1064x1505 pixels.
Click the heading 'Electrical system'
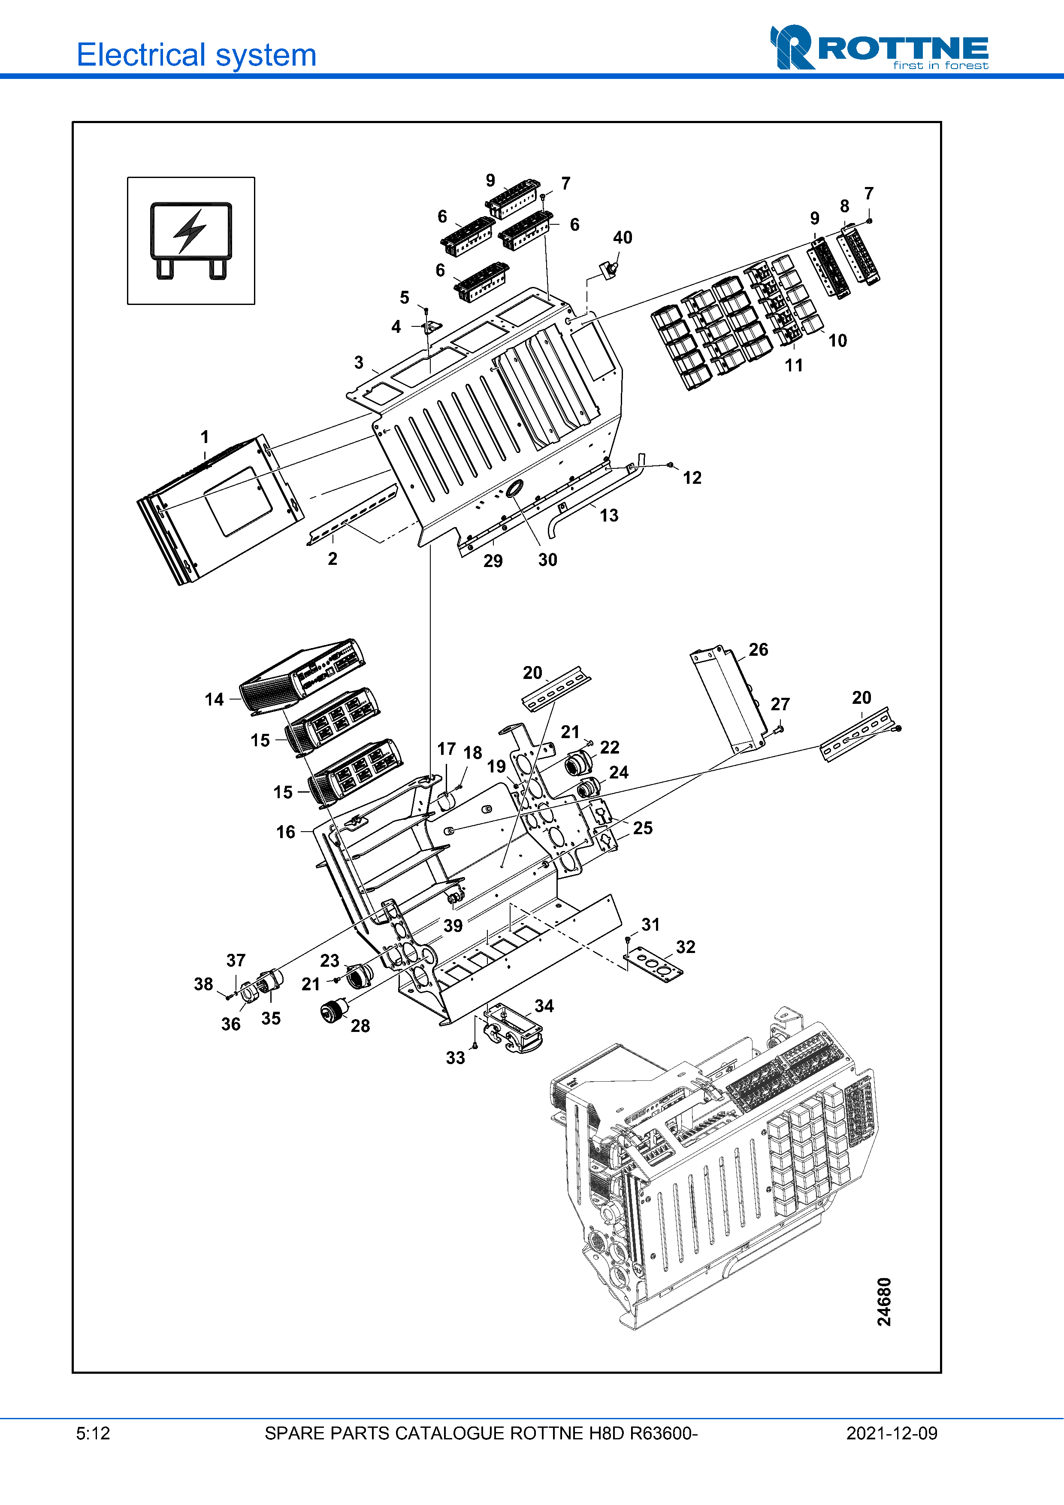coord(196,55)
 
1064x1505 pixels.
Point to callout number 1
coord(205,437)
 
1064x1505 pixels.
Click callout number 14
coord(215,700)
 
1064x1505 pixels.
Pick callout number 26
coord(759,650)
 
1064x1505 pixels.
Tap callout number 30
coord(547,560)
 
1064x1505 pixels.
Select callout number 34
coord(544,1006)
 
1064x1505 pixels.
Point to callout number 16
coord(286,832)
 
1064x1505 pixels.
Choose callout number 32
coord(686,947)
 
